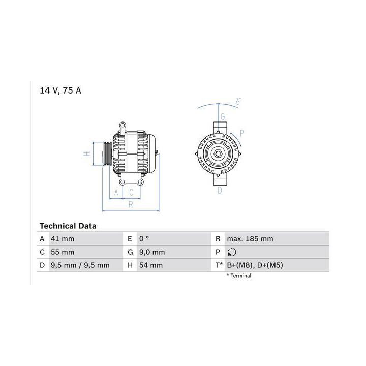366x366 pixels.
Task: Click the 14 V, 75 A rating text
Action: tap(60, 90)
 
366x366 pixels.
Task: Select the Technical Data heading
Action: tap(68, 226)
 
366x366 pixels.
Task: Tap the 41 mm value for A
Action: tap(63, 239)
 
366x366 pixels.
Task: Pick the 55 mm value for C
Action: tap(63, 252)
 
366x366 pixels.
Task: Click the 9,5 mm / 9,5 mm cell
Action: tap(80, 265)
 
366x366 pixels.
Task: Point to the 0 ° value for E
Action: tap(144, 239)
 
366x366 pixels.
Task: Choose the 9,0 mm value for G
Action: tap(152, 252)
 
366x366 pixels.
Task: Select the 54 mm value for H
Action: tap(151, 265)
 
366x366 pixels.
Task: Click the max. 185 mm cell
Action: tap(250, 239)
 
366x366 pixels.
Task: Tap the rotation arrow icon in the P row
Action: tap(232, 252)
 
